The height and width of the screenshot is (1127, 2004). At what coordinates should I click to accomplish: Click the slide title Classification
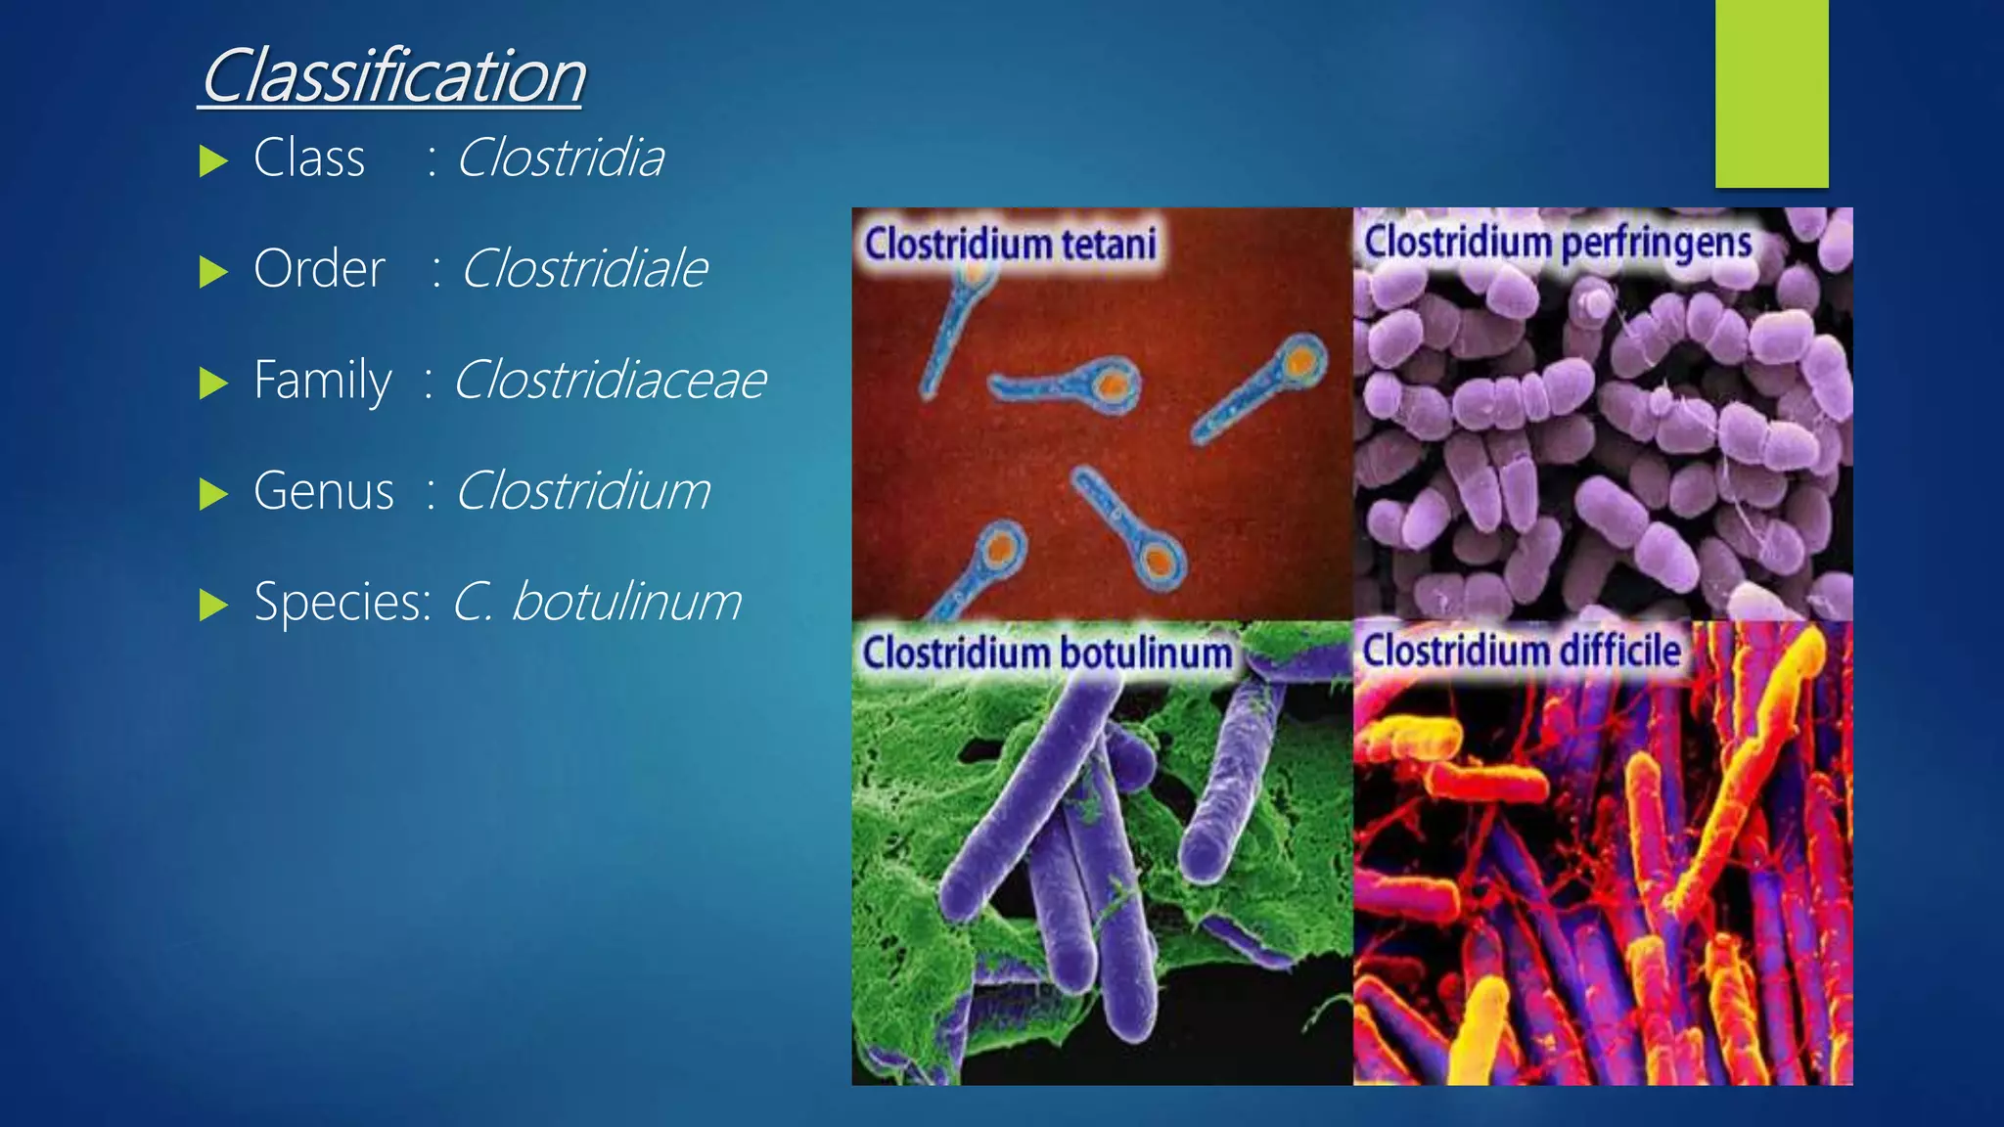pos(392,76)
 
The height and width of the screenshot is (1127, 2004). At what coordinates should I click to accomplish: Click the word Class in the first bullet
pos(309,158)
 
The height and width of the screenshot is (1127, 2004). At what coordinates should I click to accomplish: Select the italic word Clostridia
pos(560,158)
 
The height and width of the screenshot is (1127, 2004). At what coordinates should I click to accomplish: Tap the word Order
pos(319,268)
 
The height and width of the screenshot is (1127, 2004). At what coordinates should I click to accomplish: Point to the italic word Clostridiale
pos(583,268)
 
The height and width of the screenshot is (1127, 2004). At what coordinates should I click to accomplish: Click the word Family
pos(322,380)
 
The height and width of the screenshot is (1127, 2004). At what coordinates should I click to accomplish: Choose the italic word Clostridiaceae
pos(609,380)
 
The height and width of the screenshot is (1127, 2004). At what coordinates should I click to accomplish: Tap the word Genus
pos(323,490)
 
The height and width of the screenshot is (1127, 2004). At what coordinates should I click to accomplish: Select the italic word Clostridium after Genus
pos(583,490)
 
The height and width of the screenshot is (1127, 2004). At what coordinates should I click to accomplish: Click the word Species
pos(340,601)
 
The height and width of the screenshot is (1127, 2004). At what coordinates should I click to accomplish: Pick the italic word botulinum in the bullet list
pos(626,601)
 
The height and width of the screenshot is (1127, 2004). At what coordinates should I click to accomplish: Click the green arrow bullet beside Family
pos(212,383)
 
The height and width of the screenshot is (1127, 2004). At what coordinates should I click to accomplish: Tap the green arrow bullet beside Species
pos(212,605)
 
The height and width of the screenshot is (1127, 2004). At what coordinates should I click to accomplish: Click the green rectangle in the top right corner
pos(1771,93)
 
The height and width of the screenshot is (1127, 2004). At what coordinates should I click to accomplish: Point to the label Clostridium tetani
pos(1010,244)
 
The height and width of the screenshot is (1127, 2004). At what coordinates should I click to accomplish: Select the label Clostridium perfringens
pos(1558,242)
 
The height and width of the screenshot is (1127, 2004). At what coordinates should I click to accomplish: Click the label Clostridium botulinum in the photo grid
pos(1046,653)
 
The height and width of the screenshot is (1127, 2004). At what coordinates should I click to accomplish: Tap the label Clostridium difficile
pos(1522,650)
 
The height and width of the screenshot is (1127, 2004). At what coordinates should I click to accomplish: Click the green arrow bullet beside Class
pos(212,160)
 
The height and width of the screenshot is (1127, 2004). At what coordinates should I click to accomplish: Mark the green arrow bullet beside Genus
pos(212,494)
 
